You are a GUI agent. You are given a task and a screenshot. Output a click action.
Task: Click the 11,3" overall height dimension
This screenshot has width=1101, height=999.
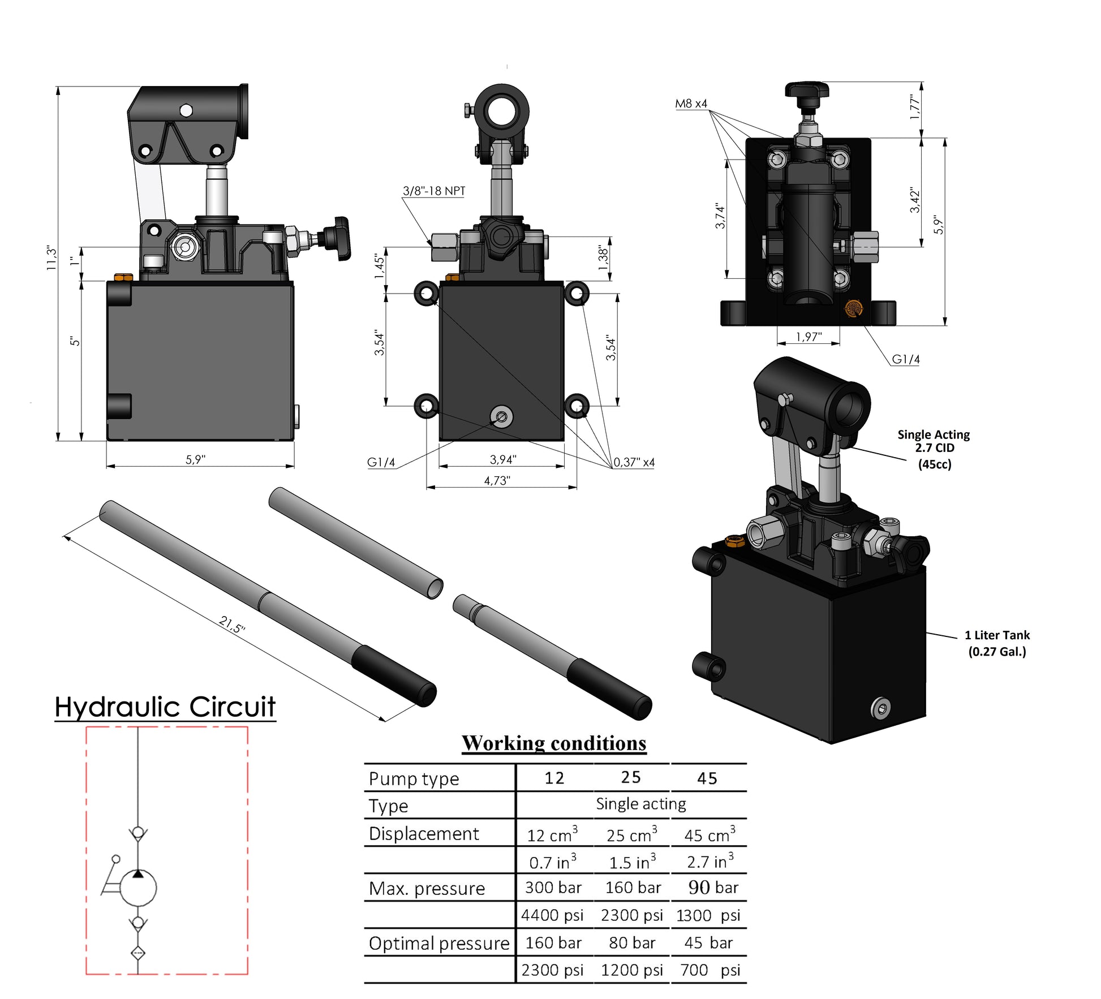click(51, 258)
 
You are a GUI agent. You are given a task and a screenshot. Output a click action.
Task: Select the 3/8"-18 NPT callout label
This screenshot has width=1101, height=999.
click(433, 191)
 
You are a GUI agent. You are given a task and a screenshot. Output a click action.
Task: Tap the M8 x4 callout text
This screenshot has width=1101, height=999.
click(691, 104)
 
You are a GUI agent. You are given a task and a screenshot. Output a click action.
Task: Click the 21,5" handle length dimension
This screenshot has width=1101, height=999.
click(232, 624)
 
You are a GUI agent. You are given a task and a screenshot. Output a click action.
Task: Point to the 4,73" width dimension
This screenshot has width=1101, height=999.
click(497, 480)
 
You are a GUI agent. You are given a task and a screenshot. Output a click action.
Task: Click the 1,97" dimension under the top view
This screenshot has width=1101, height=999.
click(808, 337)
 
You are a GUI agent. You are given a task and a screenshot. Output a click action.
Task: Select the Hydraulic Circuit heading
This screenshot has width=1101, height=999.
click(165, 707)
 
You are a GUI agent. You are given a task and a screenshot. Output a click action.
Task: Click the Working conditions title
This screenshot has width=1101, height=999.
click(553, 743)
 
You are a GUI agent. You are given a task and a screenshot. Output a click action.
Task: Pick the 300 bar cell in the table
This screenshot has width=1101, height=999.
click(553, 888)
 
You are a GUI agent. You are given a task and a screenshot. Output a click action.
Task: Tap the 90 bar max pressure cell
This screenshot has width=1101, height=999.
click(713, 888)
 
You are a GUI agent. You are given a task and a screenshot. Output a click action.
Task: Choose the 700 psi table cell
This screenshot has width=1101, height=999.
click(709, 970)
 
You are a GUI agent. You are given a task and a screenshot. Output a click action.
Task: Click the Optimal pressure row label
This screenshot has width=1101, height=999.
click(439, 943)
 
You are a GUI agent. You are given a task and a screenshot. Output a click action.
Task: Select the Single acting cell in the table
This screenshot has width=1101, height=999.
click(640, 804)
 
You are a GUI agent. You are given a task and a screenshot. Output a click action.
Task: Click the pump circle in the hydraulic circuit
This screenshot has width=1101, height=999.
click(138, 888)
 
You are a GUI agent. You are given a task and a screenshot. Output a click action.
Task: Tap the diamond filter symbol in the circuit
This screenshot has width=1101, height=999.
click(138, 953)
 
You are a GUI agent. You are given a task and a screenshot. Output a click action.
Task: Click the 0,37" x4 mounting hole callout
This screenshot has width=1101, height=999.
click(634, 462)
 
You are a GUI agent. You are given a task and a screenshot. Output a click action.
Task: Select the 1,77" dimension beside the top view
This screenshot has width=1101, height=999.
click(914, 107)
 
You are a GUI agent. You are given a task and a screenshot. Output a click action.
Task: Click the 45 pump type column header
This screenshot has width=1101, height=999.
click(707, 778)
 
